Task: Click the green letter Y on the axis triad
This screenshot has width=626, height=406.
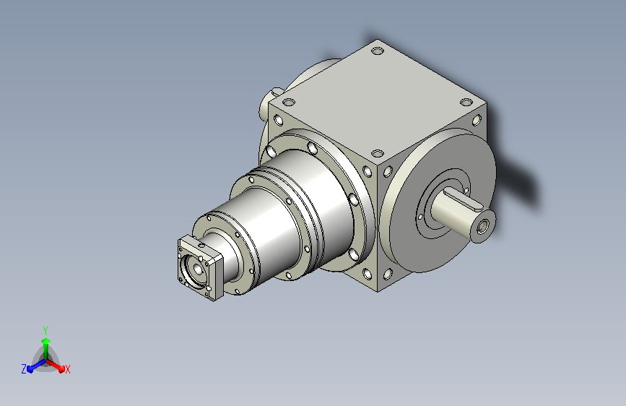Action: click(45, 330)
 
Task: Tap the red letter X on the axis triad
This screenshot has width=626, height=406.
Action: click(67, 369)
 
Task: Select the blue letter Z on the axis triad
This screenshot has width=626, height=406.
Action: click(24, 369)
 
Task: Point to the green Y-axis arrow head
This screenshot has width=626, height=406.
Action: click(46, 341)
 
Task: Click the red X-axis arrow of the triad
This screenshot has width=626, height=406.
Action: click(55, 366)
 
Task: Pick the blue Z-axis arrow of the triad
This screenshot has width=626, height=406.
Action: click(37, 366)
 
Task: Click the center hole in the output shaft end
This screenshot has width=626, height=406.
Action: click(482, 227)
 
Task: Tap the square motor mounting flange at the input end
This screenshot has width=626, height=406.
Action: click(200, 268)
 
